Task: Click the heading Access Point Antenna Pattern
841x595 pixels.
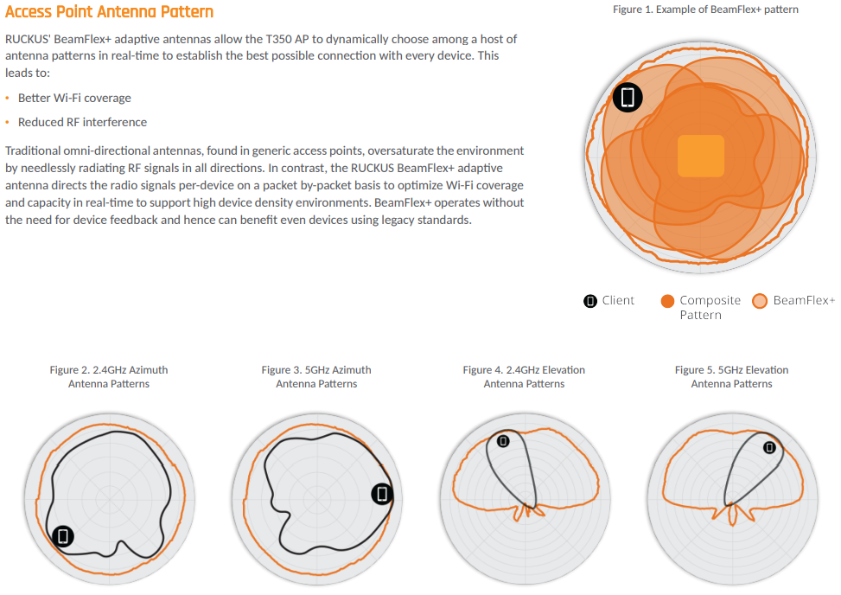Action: (x=110, y=12)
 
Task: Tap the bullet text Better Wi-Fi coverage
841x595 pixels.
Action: (x=74, y=99)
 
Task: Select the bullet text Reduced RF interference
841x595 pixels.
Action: (x=83, y=122)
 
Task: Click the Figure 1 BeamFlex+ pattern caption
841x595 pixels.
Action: (x=705, y=10)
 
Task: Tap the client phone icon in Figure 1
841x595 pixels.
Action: (x=628, y=97)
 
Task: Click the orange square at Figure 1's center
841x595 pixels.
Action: (x=701, y=156)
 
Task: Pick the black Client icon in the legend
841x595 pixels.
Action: (x=590, y=301)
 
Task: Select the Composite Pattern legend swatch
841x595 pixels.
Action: (x=667, y=301)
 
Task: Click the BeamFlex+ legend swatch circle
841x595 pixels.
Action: (x=760, y=301)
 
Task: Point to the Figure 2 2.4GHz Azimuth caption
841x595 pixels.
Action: (x=109, y=377)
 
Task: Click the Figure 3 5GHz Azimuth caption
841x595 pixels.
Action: (x=316, y=377)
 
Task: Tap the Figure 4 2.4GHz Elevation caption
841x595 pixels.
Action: (x=524, y=377)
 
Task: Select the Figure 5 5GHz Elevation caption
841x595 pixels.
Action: (x=731, y=377)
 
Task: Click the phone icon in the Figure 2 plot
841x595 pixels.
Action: (x=63, y=536)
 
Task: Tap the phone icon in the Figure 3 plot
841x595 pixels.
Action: (x=382, y=494)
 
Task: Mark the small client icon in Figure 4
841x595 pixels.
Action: (x=503, y=441)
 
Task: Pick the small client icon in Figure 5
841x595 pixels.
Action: (x=769, y=447)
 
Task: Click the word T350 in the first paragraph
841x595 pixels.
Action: (x=278, y=39)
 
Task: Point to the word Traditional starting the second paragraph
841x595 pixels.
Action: (x=32, y=150)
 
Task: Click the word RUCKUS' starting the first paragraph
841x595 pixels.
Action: (x=28, y=39)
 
